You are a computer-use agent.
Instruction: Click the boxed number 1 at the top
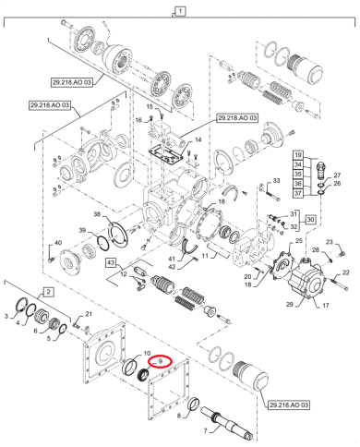click(x=181, y=11)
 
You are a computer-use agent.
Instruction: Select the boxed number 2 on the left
click(x=49, y=291)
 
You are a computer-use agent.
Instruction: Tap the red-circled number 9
click(x=162, y=361)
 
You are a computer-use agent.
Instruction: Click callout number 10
click(x=146, y=355)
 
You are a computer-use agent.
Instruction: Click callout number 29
click(x=288, y=304)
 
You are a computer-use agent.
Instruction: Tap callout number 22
click(x=346, y=272)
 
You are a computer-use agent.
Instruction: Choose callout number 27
click(x=337, y=175)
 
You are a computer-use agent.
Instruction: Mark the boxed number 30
click(x=311, y=219)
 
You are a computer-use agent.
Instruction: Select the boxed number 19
click(x=298, y=153)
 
